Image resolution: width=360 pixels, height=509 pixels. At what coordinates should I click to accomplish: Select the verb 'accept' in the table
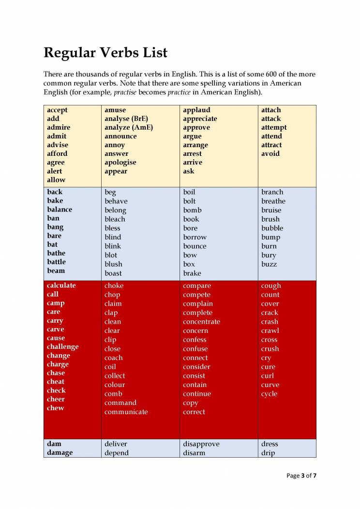57,110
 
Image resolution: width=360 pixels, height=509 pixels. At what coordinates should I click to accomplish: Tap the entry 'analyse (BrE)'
126,119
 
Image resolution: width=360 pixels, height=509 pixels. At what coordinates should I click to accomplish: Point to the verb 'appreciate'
200,119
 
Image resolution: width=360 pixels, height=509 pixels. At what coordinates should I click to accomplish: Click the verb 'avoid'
270,153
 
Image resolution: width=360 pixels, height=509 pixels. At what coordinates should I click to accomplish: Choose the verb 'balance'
60,210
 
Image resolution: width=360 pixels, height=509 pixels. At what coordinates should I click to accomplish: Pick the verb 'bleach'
115,219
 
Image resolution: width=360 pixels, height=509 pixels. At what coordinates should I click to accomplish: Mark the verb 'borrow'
195,237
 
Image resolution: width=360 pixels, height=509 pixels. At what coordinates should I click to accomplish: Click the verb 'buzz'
269,264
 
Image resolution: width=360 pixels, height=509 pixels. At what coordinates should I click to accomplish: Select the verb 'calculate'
61,285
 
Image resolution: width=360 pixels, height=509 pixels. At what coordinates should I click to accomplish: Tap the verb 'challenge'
62,346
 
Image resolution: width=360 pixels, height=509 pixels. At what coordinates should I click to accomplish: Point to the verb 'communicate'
126,412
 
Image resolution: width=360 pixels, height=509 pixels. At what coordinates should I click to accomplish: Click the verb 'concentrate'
201,322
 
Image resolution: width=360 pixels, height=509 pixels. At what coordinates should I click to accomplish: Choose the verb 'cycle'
269,394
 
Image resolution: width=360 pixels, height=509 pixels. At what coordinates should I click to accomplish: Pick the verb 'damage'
60,452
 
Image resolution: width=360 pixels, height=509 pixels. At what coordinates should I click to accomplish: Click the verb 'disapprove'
201,444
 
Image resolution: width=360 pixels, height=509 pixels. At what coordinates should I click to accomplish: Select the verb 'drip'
268,453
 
